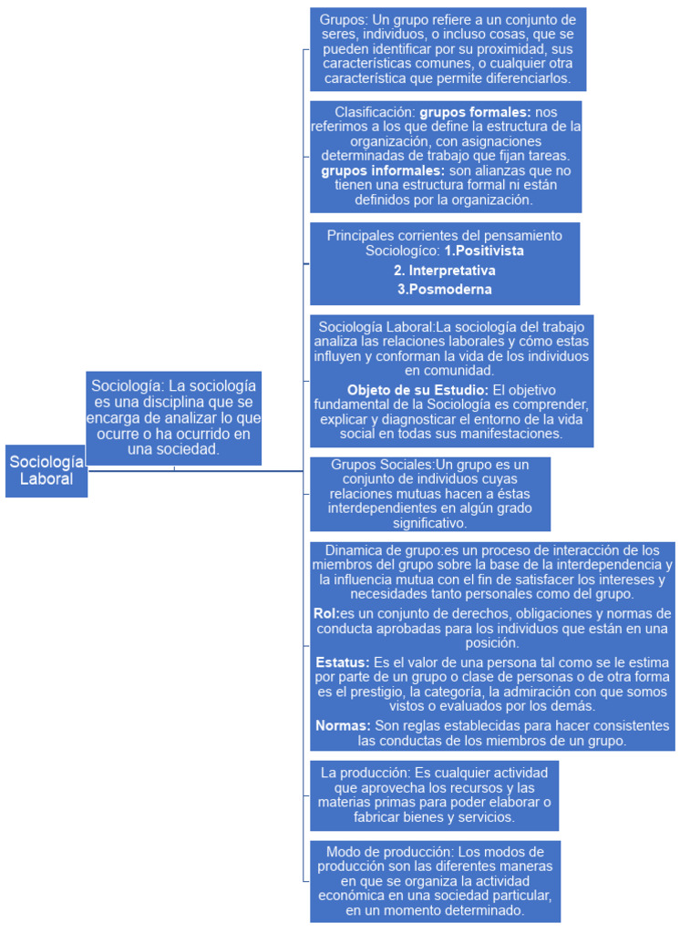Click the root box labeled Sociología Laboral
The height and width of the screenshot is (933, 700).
click(46, 470)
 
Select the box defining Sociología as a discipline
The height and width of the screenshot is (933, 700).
click(174, 418)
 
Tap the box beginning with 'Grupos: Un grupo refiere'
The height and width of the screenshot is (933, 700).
click(448, 49)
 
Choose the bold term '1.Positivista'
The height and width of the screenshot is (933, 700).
click(484, 250)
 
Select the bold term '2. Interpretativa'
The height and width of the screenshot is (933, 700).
click(445, 271)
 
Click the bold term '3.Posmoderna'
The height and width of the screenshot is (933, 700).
click(445, 290)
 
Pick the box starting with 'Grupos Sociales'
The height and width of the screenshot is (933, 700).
click(430, 494)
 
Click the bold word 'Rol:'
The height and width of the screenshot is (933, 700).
click(325, 613)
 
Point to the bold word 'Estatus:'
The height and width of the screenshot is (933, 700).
click(342, 661)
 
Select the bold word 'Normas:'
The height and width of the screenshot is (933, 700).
click(343, 725)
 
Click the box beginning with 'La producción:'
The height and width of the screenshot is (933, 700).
click(434, 795)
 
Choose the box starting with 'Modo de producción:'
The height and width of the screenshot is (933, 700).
click(434, 881)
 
